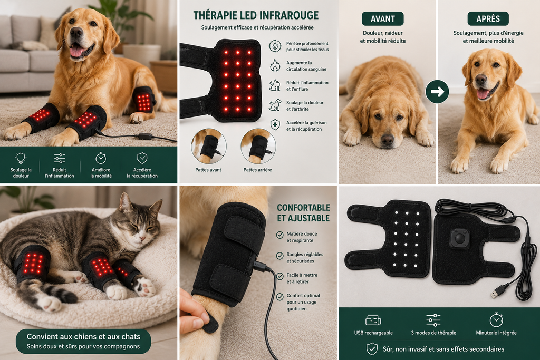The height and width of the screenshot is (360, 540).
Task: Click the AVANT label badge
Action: click(x=382, y=18)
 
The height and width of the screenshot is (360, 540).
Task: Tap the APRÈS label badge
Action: click(x=488, y=18)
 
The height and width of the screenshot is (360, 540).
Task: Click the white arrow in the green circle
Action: click(x=437, y=92)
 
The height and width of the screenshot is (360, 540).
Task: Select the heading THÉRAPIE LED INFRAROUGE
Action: click(x=256, y=15)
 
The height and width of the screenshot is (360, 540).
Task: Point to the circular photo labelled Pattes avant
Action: click(x=209, y=147)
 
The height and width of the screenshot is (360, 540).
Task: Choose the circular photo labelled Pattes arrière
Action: click(x=258, y=147)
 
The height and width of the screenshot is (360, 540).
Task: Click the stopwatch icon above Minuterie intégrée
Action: click(x=496, y=320)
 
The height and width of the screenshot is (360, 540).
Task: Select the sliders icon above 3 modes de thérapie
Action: click(x=433, y=320)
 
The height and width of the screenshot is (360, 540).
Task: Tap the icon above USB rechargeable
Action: click(x=373, y=320)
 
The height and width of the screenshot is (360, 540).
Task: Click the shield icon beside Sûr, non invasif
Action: click(x=372, y=348)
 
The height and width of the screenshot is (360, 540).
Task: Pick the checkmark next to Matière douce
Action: click(x=280, y=235)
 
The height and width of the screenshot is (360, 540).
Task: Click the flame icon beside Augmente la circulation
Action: click(x=274, y=65)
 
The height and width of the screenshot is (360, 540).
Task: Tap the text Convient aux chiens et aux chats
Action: click(x=83, y=337)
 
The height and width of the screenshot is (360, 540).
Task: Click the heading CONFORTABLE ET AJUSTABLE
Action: click(x=303, y=213)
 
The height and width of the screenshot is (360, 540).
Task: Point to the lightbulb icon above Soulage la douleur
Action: click(x=21, y=158)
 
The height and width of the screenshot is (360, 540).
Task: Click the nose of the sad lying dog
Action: click(x=388, y=139)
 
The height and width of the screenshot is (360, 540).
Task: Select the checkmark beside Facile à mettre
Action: click(x=280, y=276)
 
